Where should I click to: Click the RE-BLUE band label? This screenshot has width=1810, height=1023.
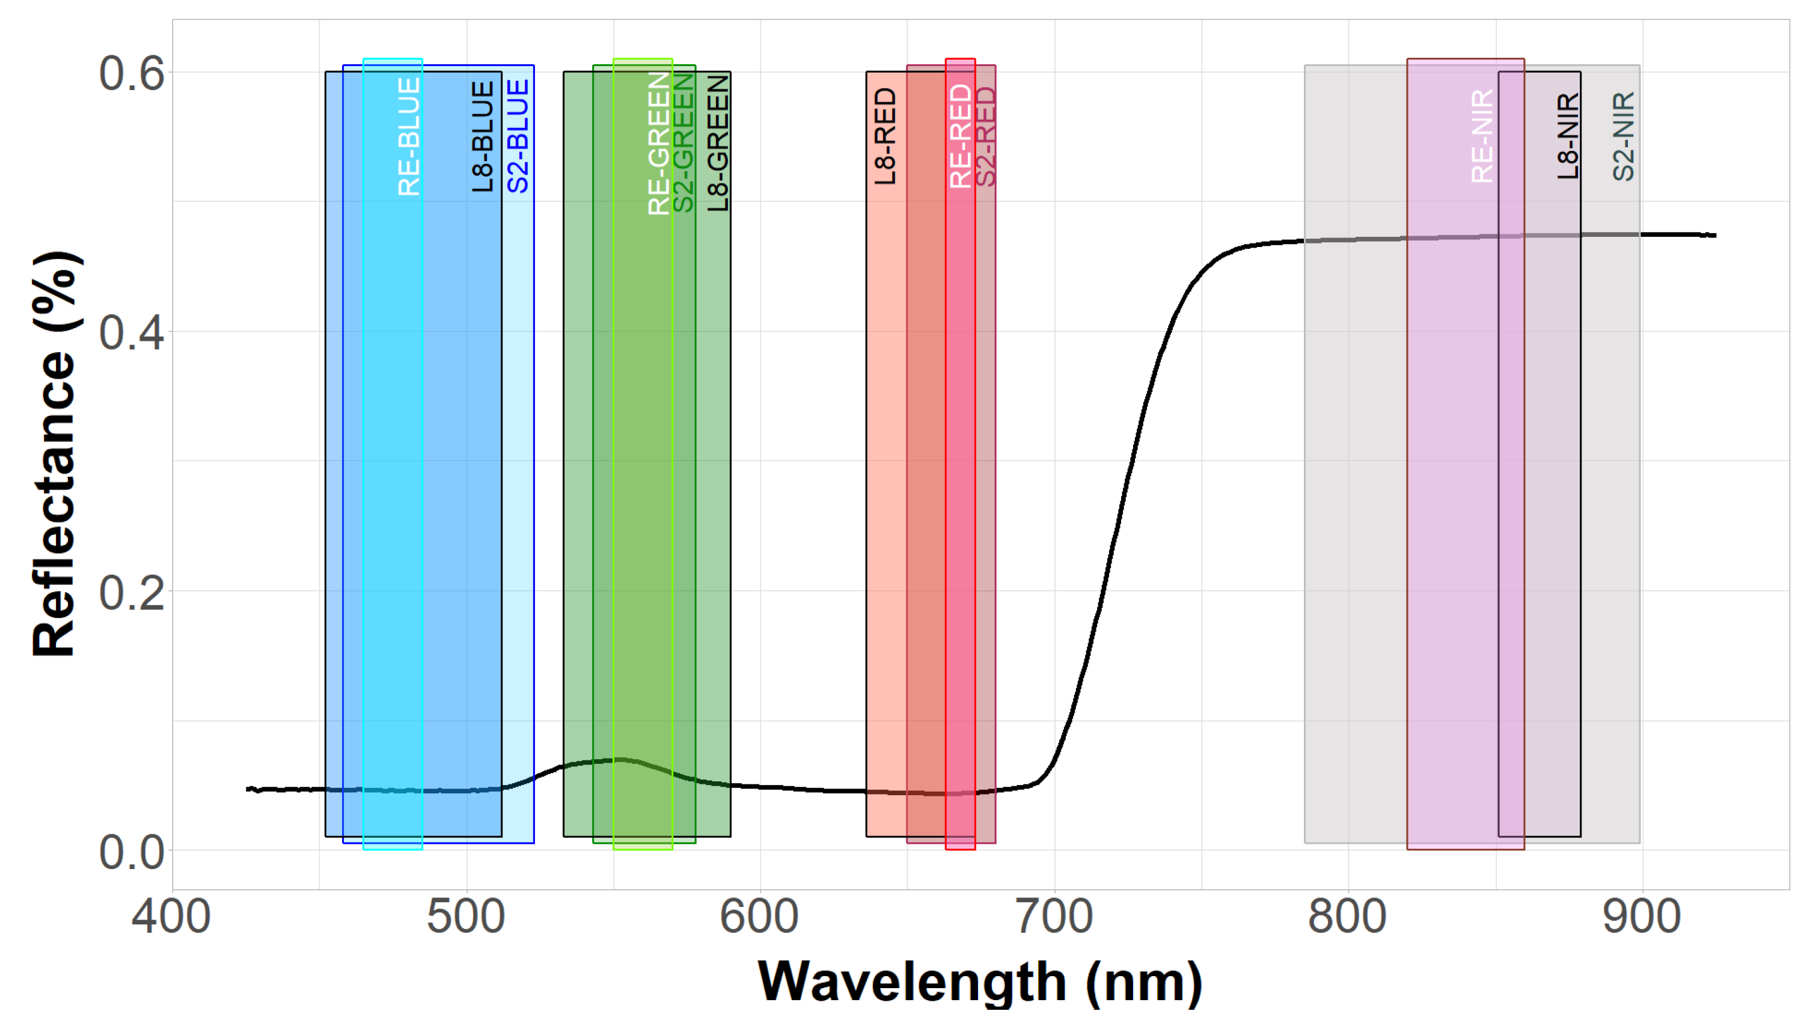pos(409,136)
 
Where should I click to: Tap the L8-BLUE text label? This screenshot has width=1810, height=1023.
pos(483,136)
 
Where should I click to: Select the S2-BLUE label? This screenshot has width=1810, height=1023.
pos(518,136)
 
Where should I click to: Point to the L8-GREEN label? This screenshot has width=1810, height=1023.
pos(718,144)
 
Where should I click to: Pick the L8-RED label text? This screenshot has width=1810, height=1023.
pos(885,136)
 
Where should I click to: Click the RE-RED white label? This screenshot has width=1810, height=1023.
pos(961,136)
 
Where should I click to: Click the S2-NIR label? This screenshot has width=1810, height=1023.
pos(1624,136)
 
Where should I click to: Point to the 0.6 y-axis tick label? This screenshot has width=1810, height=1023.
pos(132,73)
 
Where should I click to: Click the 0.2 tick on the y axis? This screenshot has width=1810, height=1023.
pos(132,592)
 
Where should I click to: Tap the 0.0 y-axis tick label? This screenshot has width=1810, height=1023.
pos(132,852)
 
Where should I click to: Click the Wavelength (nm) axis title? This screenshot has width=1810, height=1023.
pos(980,982)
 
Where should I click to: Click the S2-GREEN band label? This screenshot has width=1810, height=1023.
pos(683,144)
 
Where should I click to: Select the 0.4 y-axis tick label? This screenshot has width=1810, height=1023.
pos(132,333)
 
